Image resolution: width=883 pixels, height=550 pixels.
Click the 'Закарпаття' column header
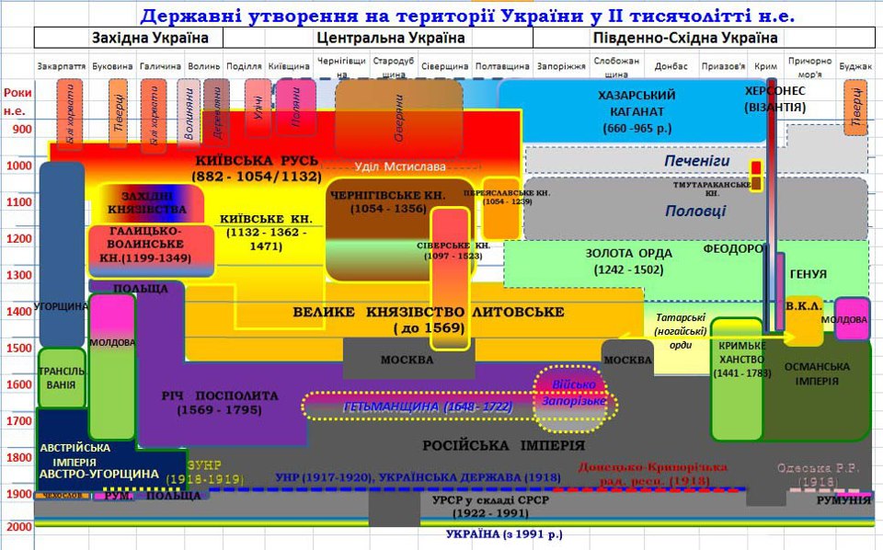(x=63, y=66)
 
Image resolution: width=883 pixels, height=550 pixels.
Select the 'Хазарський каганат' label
(x=636, y=111)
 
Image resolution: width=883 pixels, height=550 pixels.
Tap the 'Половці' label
(x=695, y=211)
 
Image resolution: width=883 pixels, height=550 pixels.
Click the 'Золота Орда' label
(x=629, y=260)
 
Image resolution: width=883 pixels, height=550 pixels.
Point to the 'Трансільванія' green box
(x=62, y=378)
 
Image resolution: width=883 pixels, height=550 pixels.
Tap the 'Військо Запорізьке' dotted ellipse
(x=573, y=393)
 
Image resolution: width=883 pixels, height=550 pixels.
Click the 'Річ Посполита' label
(x=219, y=402)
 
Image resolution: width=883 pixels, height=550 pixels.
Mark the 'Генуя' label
(x=808, y=274)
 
